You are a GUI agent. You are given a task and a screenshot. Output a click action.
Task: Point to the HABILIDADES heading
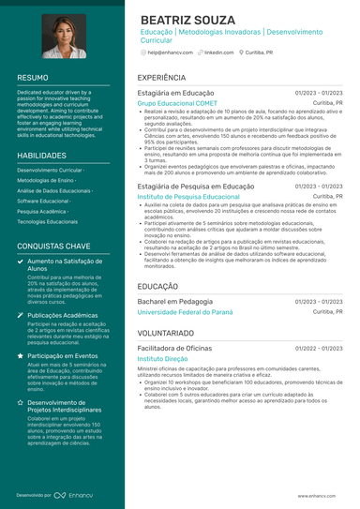[x=41, y=155]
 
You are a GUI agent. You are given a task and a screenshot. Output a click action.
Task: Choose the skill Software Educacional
[x=43, y=201]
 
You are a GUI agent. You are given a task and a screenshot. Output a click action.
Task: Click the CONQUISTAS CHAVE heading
[x=53, y=246]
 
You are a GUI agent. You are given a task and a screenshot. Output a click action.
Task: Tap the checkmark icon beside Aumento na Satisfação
[x=22, y=262]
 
